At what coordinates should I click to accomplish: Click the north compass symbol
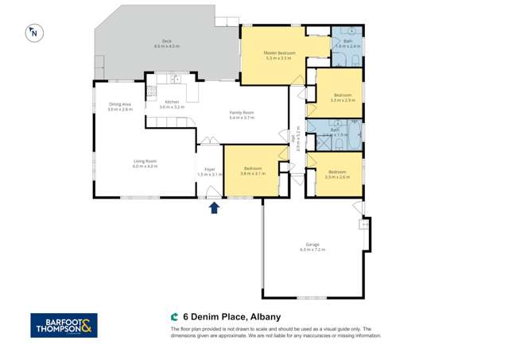tap(34, 33)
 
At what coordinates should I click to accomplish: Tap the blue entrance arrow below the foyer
tap(213, 207)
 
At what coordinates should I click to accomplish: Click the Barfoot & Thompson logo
tap(64, 324)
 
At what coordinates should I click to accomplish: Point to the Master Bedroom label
tap(280, 53)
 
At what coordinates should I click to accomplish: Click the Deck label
tap(167, 41)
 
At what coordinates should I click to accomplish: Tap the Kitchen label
tap(172, 101)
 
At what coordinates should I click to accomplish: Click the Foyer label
tap(210, 168)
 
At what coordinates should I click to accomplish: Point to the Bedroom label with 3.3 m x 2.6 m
tap(337, 171)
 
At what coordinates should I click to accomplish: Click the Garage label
tap(312, 244)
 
